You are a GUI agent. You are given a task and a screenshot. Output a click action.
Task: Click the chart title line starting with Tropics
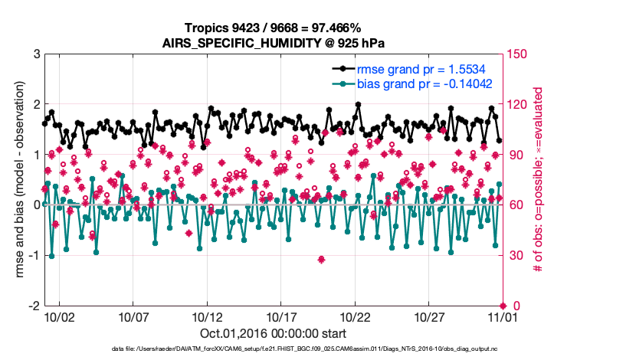273,28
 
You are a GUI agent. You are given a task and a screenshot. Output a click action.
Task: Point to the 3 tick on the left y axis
36,54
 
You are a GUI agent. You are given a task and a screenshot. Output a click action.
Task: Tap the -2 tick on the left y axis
34,306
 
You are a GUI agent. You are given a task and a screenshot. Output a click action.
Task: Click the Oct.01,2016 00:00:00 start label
273,333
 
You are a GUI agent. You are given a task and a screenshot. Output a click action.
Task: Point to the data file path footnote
273,349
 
